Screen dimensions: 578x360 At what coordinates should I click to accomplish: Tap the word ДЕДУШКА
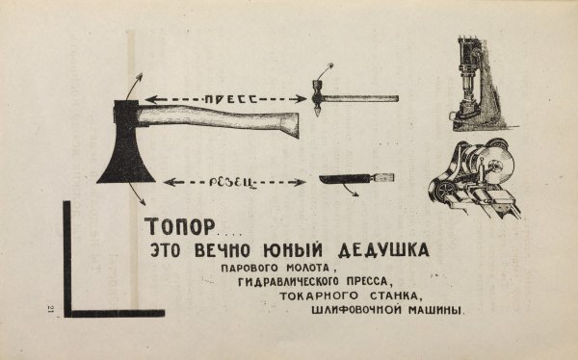(381, 250)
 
